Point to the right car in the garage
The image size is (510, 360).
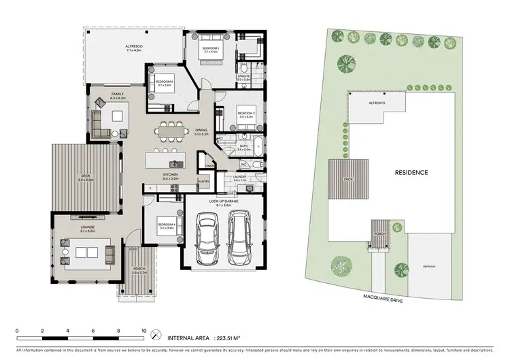239,238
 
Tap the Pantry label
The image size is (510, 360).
203,182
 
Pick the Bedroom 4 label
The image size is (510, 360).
166,227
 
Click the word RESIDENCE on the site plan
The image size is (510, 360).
411,173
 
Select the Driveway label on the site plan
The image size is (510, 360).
429,266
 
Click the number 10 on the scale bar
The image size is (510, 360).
143,331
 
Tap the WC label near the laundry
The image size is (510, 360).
243,164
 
